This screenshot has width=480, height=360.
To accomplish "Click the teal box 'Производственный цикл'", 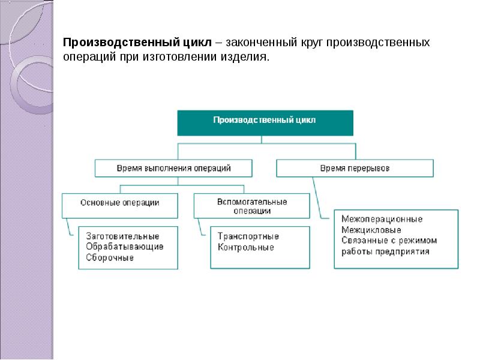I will pyautogui.click(x=265, y=122).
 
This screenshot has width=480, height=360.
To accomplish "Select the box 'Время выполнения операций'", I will pyautogui.click(x=173, y=168).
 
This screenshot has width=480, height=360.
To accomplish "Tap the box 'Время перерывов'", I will pyautogui.click(x=354, y=168).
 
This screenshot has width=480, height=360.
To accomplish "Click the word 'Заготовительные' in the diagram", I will pyautogui.click(x=113, y=236).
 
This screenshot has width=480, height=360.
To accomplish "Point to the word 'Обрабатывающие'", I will pyautogui.click(x=116, y=247).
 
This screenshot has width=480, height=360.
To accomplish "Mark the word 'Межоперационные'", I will pyautogui.click(x=382, y=219).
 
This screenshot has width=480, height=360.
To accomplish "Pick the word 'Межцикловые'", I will pyautogui.click(x=370, y=230).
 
